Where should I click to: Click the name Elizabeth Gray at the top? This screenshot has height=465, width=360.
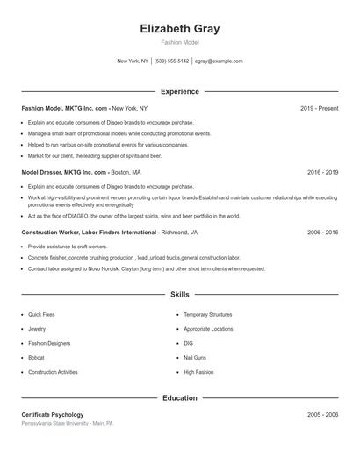tap(179, 29)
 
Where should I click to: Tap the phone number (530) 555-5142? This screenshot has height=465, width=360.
tap(171, 61)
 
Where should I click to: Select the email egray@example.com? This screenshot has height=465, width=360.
tap(219, 61)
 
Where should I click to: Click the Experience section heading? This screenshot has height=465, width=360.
tap(179, 91)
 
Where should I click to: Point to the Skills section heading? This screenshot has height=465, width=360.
tap(179, 295)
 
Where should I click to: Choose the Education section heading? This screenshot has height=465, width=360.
tap(179, 397)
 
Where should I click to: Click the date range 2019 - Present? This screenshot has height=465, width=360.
tap(319, 108)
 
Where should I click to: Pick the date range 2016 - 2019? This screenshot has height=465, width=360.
tap(322, 173)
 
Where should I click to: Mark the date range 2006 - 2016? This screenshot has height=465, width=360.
tap(322, 232)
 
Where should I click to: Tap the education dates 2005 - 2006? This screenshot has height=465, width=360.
tap(322, 414)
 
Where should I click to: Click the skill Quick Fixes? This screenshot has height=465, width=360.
tap(41, 314)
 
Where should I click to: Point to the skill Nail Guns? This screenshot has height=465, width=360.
tap(195, 358)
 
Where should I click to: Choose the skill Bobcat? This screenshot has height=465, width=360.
tap(36, 358)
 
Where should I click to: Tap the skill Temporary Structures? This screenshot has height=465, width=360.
tap(207, 314)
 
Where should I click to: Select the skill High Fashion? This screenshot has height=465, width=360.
tap(198, 372)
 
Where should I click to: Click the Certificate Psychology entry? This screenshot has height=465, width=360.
tap(53, 414)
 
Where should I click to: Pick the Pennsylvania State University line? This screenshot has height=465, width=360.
tap(67, 423)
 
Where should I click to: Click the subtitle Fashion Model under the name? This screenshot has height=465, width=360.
tap(179, 42)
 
